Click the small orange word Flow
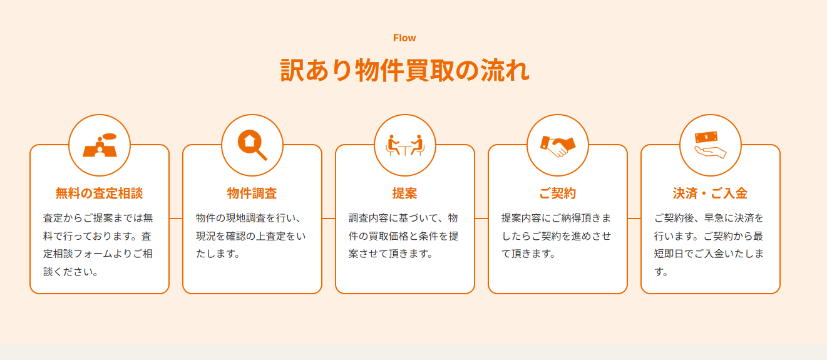[x=404, y=38]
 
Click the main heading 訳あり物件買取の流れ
[x=404, y=70]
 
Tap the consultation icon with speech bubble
[x=100, y=145]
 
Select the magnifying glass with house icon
[x=252, y=145]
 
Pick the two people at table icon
[x=405, y=145]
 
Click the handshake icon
[x=558, y=145]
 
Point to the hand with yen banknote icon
[x=711, y=145]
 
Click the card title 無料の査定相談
[x=100, y=193]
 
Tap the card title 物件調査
[x=252, y=193]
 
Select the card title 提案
[x=405, y=193]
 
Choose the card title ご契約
[x=558, y=193]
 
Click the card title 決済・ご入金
[x=711, y=193]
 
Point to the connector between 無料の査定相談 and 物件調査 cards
[x=176, y=219]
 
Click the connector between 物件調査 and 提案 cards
[x=329, y=219]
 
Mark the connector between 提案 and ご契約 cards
[x=481, y=219]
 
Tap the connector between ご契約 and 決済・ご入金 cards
[x=634, y=219]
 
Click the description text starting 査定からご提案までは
[x=98, y=245]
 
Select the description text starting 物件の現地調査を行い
[x=250, y=236]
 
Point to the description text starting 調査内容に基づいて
[x=404, y=236]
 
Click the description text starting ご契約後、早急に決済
[x=709, y=245]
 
